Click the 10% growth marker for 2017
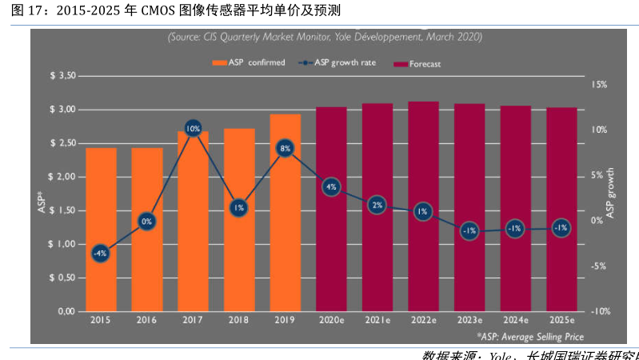[x=193, y=128]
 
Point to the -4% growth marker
[x=100, y=253]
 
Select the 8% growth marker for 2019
[x=286, y=148]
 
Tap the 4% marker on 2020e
[x=332, y=187]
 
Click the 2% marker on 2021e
[x=377, y=205]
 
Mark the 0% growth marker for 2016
[x=146, y=222]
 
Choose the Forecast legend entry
[x=419, y=63]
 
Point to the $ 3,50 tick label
[x=62, y=76]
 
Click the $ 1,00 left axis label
[x=62, y=244]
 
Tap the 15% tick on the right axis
[x=600, y=84]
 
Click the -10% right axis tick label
[x=600, y=312]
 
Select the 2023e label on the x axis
[x=469, y=321]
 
